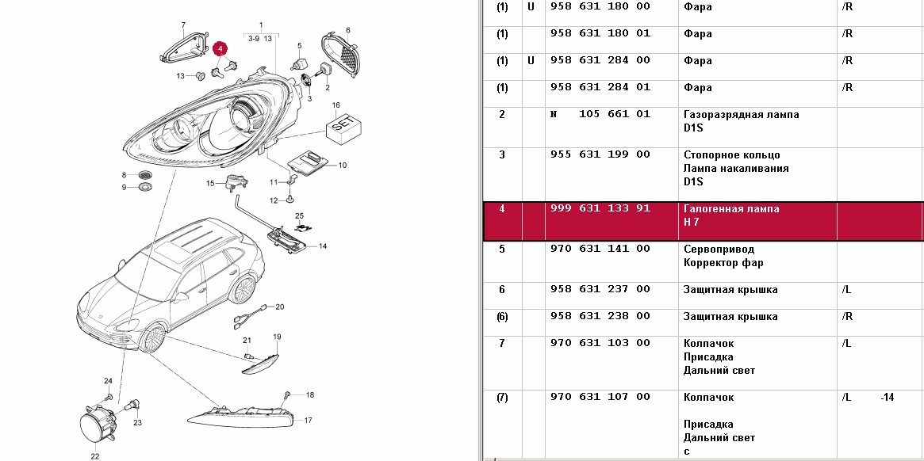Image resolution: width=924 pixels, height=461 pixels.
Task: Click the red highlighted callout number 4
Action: pyautogui.click(x=220, y=48)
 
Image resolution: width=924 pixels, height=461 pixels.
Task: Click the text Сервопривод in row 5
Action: pyautogui.click(x=719, y=249)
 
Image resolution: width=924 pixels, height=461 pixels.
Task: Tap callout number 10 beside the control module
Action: pyautogui.click(x=343, y=166)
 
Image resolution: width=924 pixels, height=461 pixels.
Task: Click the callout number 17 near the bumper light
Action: pyautogui.click(x=309, y=421)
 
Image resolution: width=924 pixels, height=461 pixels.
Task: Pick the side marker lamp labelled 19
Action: pyautogui.click(x=260, y=360)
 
